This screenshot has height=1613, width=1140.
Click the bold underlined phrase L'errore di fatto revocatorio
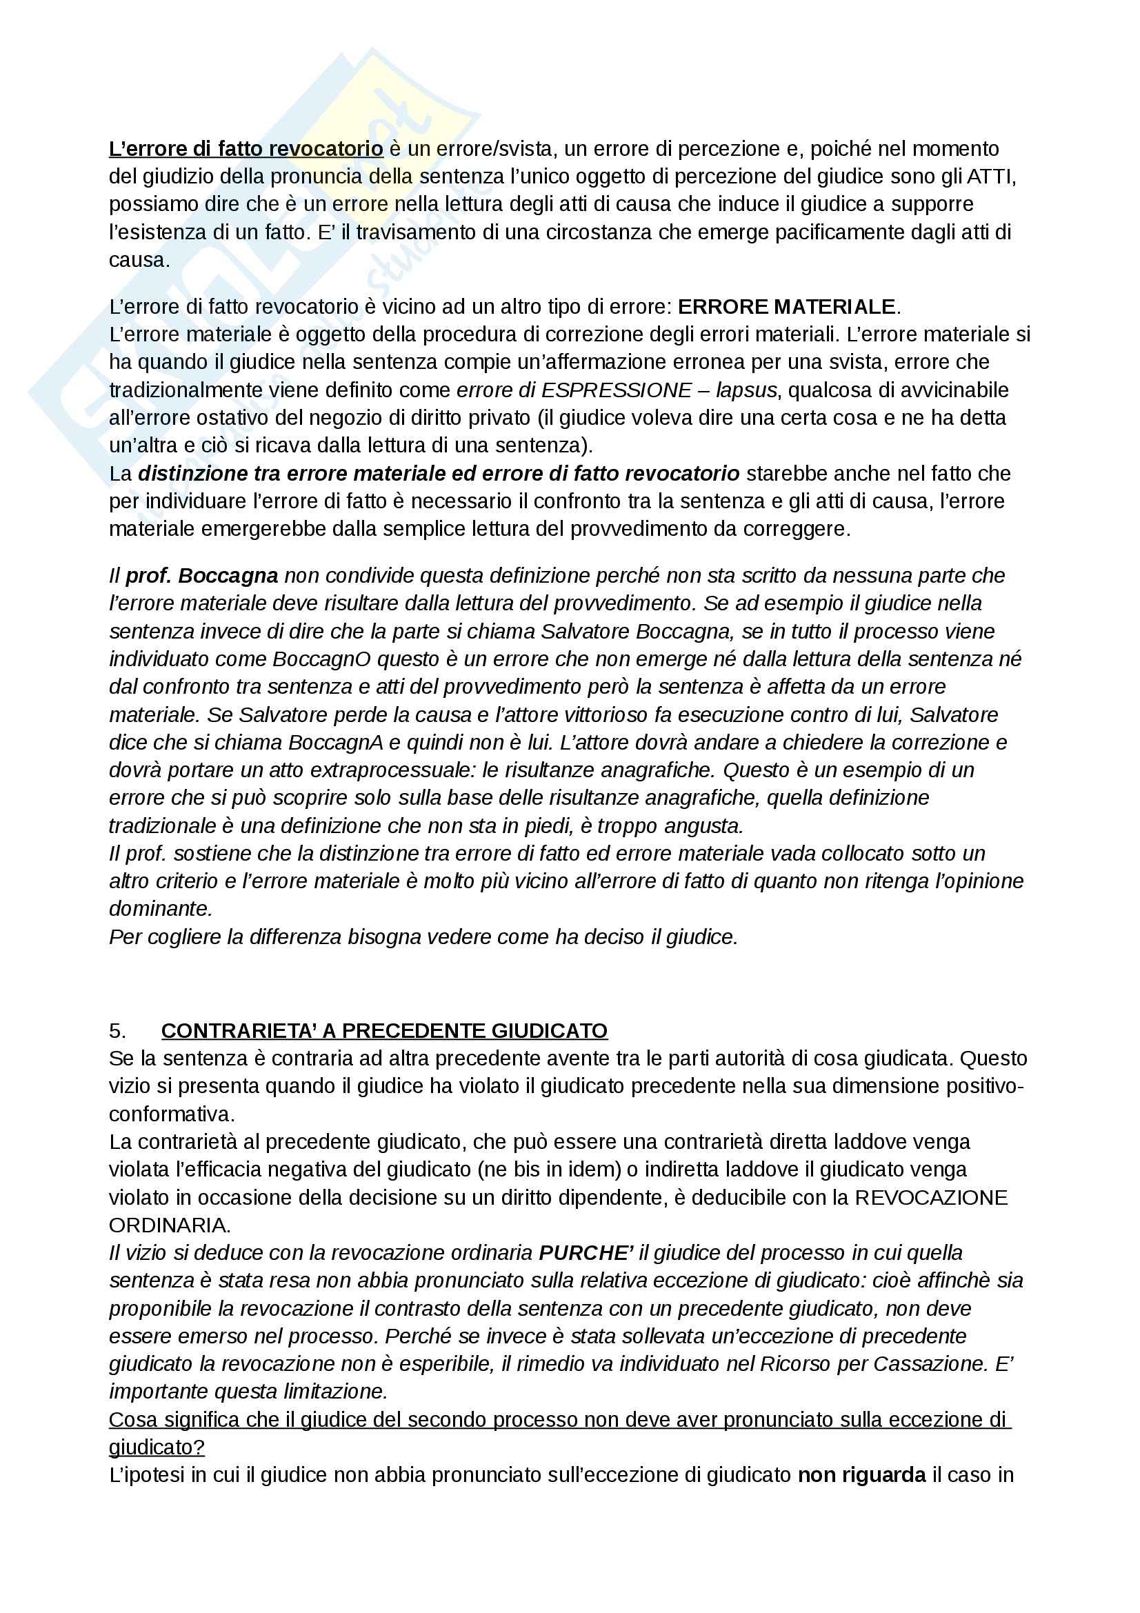click(246, 149)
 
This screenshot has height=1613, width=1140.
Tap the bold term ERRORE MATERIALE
click(787, 307)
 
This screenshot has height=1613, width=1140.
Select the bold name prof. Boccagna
click(202, 576)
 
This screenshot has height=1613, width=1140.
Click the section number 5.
click(118, 1030)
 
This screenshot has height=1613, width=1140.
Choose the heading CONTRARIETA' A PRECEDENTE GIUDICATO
click(384, 1030)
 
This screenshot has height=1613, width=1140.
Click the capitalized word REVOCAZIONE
click(930, 1197)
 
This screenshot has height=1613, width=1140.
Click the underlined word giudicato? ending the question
click(157, 1448)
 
